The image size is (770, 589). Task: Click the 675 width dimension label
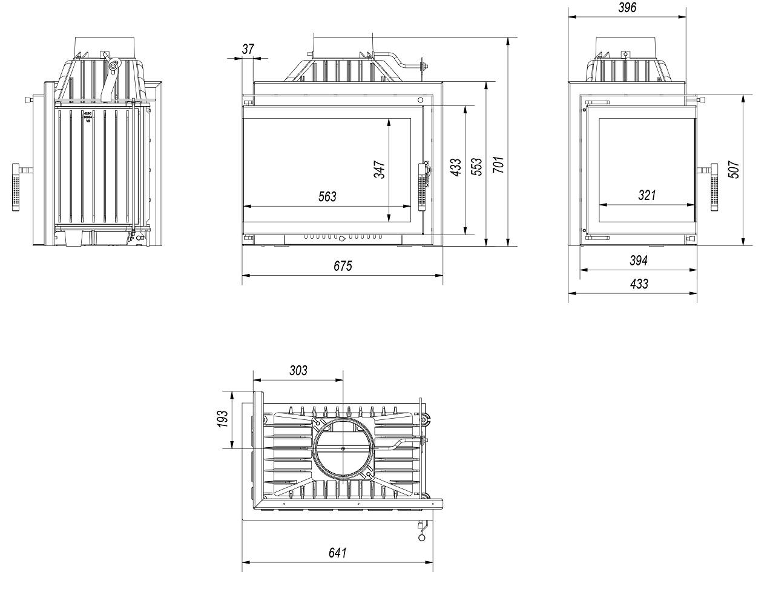coord(342,265)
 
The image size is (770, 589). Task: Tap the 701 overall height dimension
coord(498,165)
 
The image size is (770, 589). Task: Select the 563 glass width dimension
coord(327,196)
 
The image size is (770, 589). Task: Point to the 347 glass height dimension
coord(380,169)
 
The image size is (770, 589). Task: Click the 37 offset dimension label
coord(248,50)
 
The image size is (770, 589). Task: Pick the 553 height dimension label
coord(477,167)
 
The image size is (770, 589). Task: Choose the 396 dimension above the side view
coord(627,8)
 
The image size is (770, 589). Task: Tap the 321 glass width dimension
coord(647,195)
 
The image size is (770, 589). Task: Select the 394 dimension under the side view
coord(639,261)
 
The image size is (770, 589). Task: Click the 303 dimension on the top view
coord(298,370)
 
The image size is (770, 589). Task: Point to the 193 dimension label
coord(223,419)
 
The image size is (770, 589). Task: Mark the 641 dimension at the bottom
coord(337,553)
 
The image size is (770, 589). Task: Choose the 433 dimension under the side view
coord(639,284)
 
